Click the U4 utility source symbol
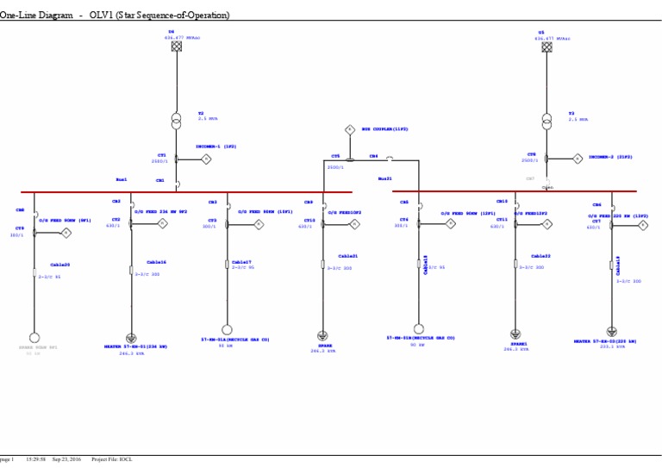(x=177, y=47)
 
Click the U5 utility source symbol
(x=546, y=47)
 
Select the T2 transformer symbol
(x=177, y=119)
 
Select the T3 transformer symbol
(x=546, y=120)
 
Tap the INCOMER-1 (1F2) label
(x=215, y=147)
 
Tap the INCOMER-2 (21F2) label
(x=610, y=157)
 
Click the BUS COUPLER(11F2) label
(x=384, y=128)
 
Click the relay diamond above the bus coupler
(x=350, y=128)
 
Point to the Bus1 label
(x=122, y=179)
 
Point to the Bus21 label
(x=384, y=178)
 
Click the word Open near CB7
(x=547, y=186)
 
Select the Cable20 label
(x=59, y=265)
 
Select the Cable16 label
(x=156, y=262)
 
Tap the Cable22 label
(x=540, y=256)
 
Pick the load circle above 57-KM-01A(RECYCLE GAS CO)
(x=228, y=330)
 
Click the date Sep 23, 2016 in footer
(x=66, y=459)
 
